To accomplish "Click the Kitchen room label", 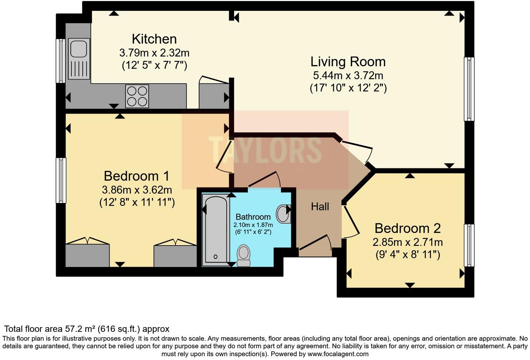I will point(154,39).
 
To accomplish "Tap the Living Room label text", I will point(348,62).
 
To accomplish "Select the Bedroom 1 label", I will point(136,176).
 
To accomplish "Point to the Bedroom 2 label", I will point(407,228).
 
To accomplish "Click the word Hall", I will point(320,207).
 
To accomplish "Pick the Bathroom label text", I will point(253,217).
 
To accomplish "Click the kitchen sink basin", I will point(78,48).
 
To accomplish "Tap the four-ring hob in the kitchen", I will point(137,96).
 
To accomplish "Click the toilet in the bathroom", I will point(243,255).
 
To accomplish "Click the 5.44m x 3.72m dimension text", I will point(348,75).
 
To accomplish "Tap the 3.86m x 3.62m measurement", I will point(137,190).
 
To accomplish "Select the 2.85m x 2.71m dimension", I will point(408,242).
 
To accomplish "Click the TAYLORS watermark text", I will point(265,150).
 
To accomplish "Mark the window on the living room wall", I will point(469,89).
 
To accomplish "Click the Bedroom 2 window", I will point(469,245).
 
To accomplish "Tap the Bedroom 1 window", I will point(61,180).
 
